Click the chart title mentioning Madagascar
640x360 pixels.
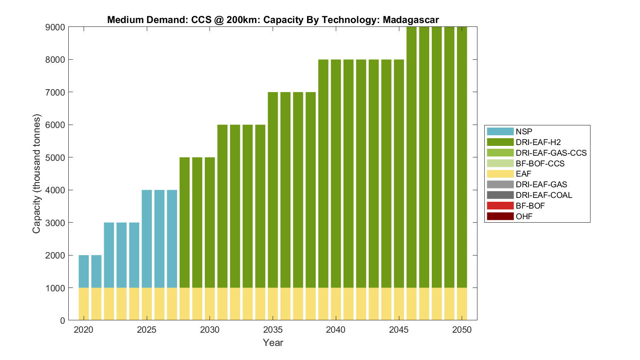273,20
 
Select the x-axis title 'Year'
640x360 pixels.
273,343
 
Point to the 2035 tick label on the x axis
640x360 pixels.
273,330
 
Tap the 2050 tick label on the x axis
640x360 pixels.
462,330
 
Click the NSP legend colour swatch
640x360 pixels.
500,131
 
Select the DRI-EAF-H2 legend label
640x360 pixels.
538,142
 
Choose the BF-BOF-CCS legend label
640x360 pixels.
540,163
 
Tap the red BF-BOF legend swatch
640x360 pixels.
500,206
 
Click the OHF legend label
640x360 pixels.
524,216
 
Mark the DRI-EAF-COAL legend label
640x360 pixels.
544,195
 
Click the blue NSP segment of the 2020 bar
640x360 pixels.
84,271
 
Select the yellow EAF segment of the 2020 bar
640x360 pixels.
84,304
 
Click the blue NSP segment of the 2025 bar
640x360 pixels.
147,239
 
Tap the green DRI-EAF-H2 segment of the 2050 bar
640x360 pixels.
462,158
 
